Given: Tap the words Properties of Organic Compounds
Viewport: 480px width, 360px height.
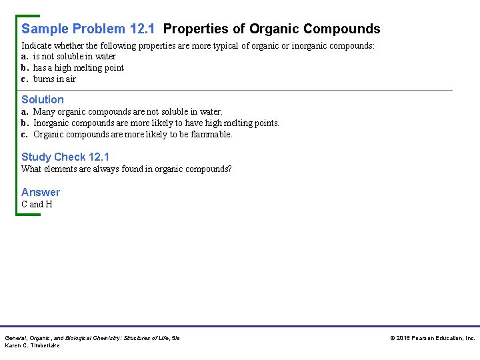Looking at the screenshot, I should (271, 29).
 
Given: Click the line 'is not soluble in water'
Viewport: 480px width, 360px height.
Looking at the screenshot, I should (74, 57).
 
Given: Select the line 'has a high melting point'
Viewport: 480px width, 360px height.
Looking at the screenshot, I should (78, 67).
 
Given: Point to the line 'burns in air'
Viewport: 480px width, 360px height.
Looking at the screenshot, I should (54, 79).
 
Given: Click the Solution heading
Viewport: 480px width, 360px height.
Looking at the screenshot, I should (43, 99).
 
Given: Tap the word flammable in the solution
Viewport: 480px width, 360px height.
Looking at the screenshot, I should (211, 134).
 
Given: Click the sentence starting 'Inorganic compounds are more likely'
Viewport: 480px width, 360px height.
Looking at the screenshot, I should (156, 123).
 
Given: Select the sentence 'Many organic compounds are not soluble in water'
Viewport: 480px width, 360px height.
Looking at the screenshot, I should (127, 111).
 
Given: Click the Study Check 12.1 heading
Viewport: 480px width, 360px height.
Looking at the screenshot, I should (65, 157).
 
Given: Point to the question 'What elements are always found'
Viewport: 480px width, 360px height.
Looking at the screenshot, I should (127, 169).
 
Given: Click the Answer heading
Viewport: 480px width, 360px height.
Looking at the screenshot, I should (41, 192).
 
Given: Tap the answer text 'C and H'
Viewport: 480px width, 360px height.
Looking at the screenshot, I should (37, 204).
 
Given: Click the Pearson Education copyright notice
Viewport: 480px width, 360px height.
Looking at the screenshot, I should (433, 338).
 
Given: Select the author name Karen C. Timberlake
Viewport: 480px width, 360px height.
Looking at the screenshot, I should (33, 345).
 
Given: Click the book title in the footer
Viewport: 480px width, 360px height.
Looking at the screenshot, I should (92, 338).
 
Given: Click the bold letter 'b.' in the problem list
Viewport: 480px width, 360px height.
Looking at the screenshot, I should (25, 67).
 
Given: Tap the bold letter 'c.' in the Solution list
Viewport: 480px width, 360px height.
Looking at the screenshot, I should (25, 134).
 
